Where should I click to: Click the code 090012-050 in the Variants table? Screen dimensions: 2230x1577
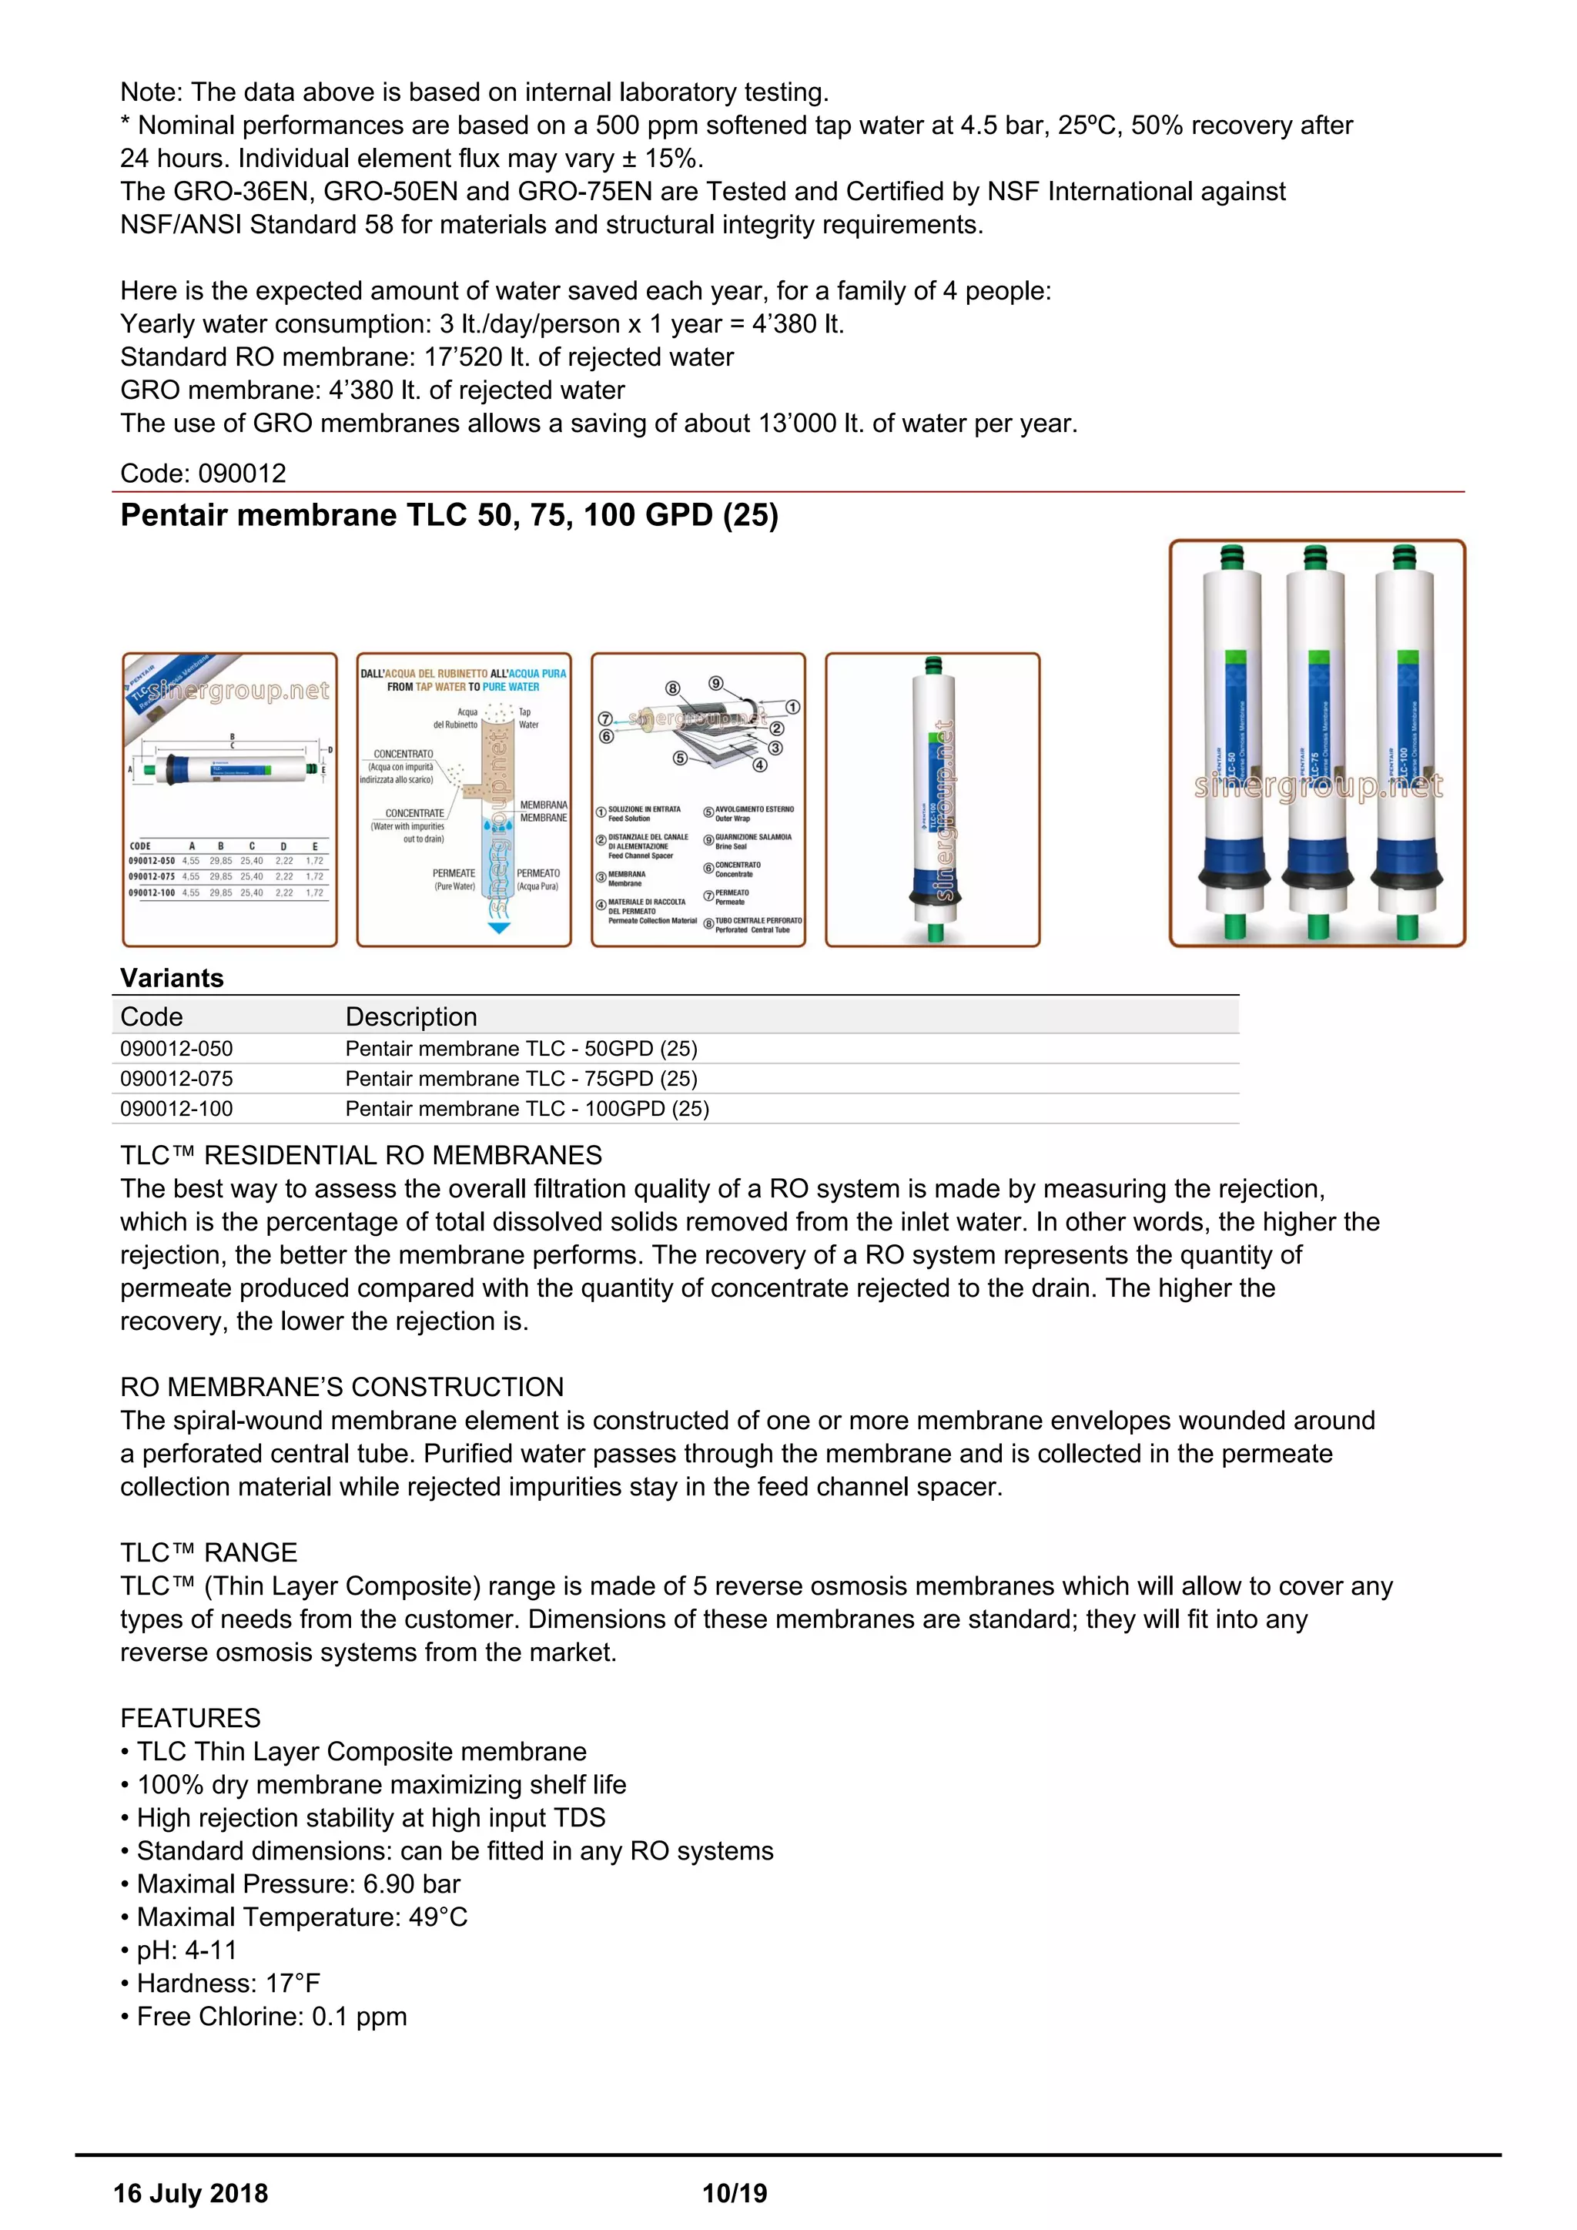[x=177, y=1049]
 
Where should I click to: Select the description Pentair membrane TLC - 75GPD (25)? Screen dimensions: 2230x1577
[x=521, y=1079]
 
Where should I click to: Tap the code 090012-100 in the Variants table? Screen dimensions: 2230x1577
[x=177, y=1109]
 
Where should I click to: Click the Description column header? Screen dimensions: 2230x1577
[x=412, y=1017]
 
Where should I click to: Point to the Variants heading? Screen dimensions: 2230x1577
[x=172, y=978]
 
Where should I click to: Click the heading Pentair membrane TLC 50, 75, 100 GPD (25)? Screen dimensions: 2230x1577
[x=449, y=515]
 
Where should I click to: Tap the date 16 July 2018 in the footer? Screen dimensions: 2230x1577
[x=190, y=2193]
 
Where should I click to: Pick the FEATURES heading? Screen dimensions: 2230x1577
[x=190, y=1718]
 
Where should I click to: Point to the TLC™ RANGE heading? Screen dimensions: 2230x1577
[x=209, y=1552]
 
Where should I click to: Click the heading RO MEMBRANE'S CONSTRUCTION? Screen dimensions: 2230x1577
[x=342, y=1387]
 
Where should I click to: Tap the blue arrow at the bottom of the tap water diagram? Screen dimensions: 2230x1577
[x=499, y=929]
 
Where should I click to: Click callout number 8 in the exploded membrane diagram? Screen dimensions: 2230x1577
[x=672, y=688]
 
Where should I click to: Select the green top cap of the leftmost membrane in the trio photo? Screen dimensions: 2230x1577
[x=1231, y=557]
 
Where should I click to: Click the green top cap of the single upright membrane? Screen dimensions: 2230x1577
[x=933, y=665]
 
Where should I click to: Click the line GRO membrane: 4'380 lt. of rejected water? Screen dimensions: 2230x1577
[x=372, y=390]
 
